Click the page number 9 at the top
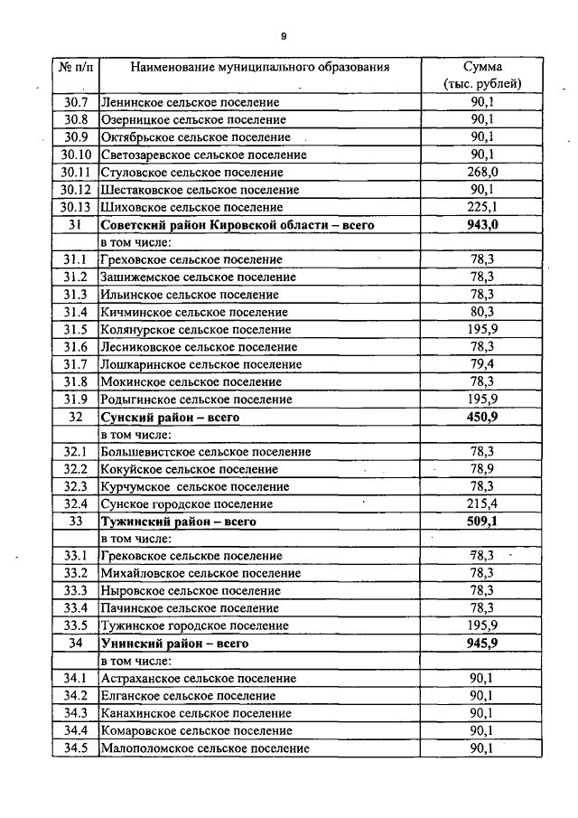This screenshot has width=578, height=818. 283,36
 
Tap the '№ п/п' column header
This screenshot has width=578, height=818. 75,67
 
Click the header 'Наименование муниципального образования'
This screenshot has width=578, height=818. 260,67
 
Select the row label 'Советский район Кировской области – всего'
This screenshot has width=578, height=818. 238,224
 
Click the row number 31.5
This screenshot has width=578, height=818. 75,329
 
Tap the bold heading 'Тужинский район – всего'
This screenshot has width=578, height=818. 179,522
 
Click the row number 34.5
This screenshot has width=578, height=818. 75,748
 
